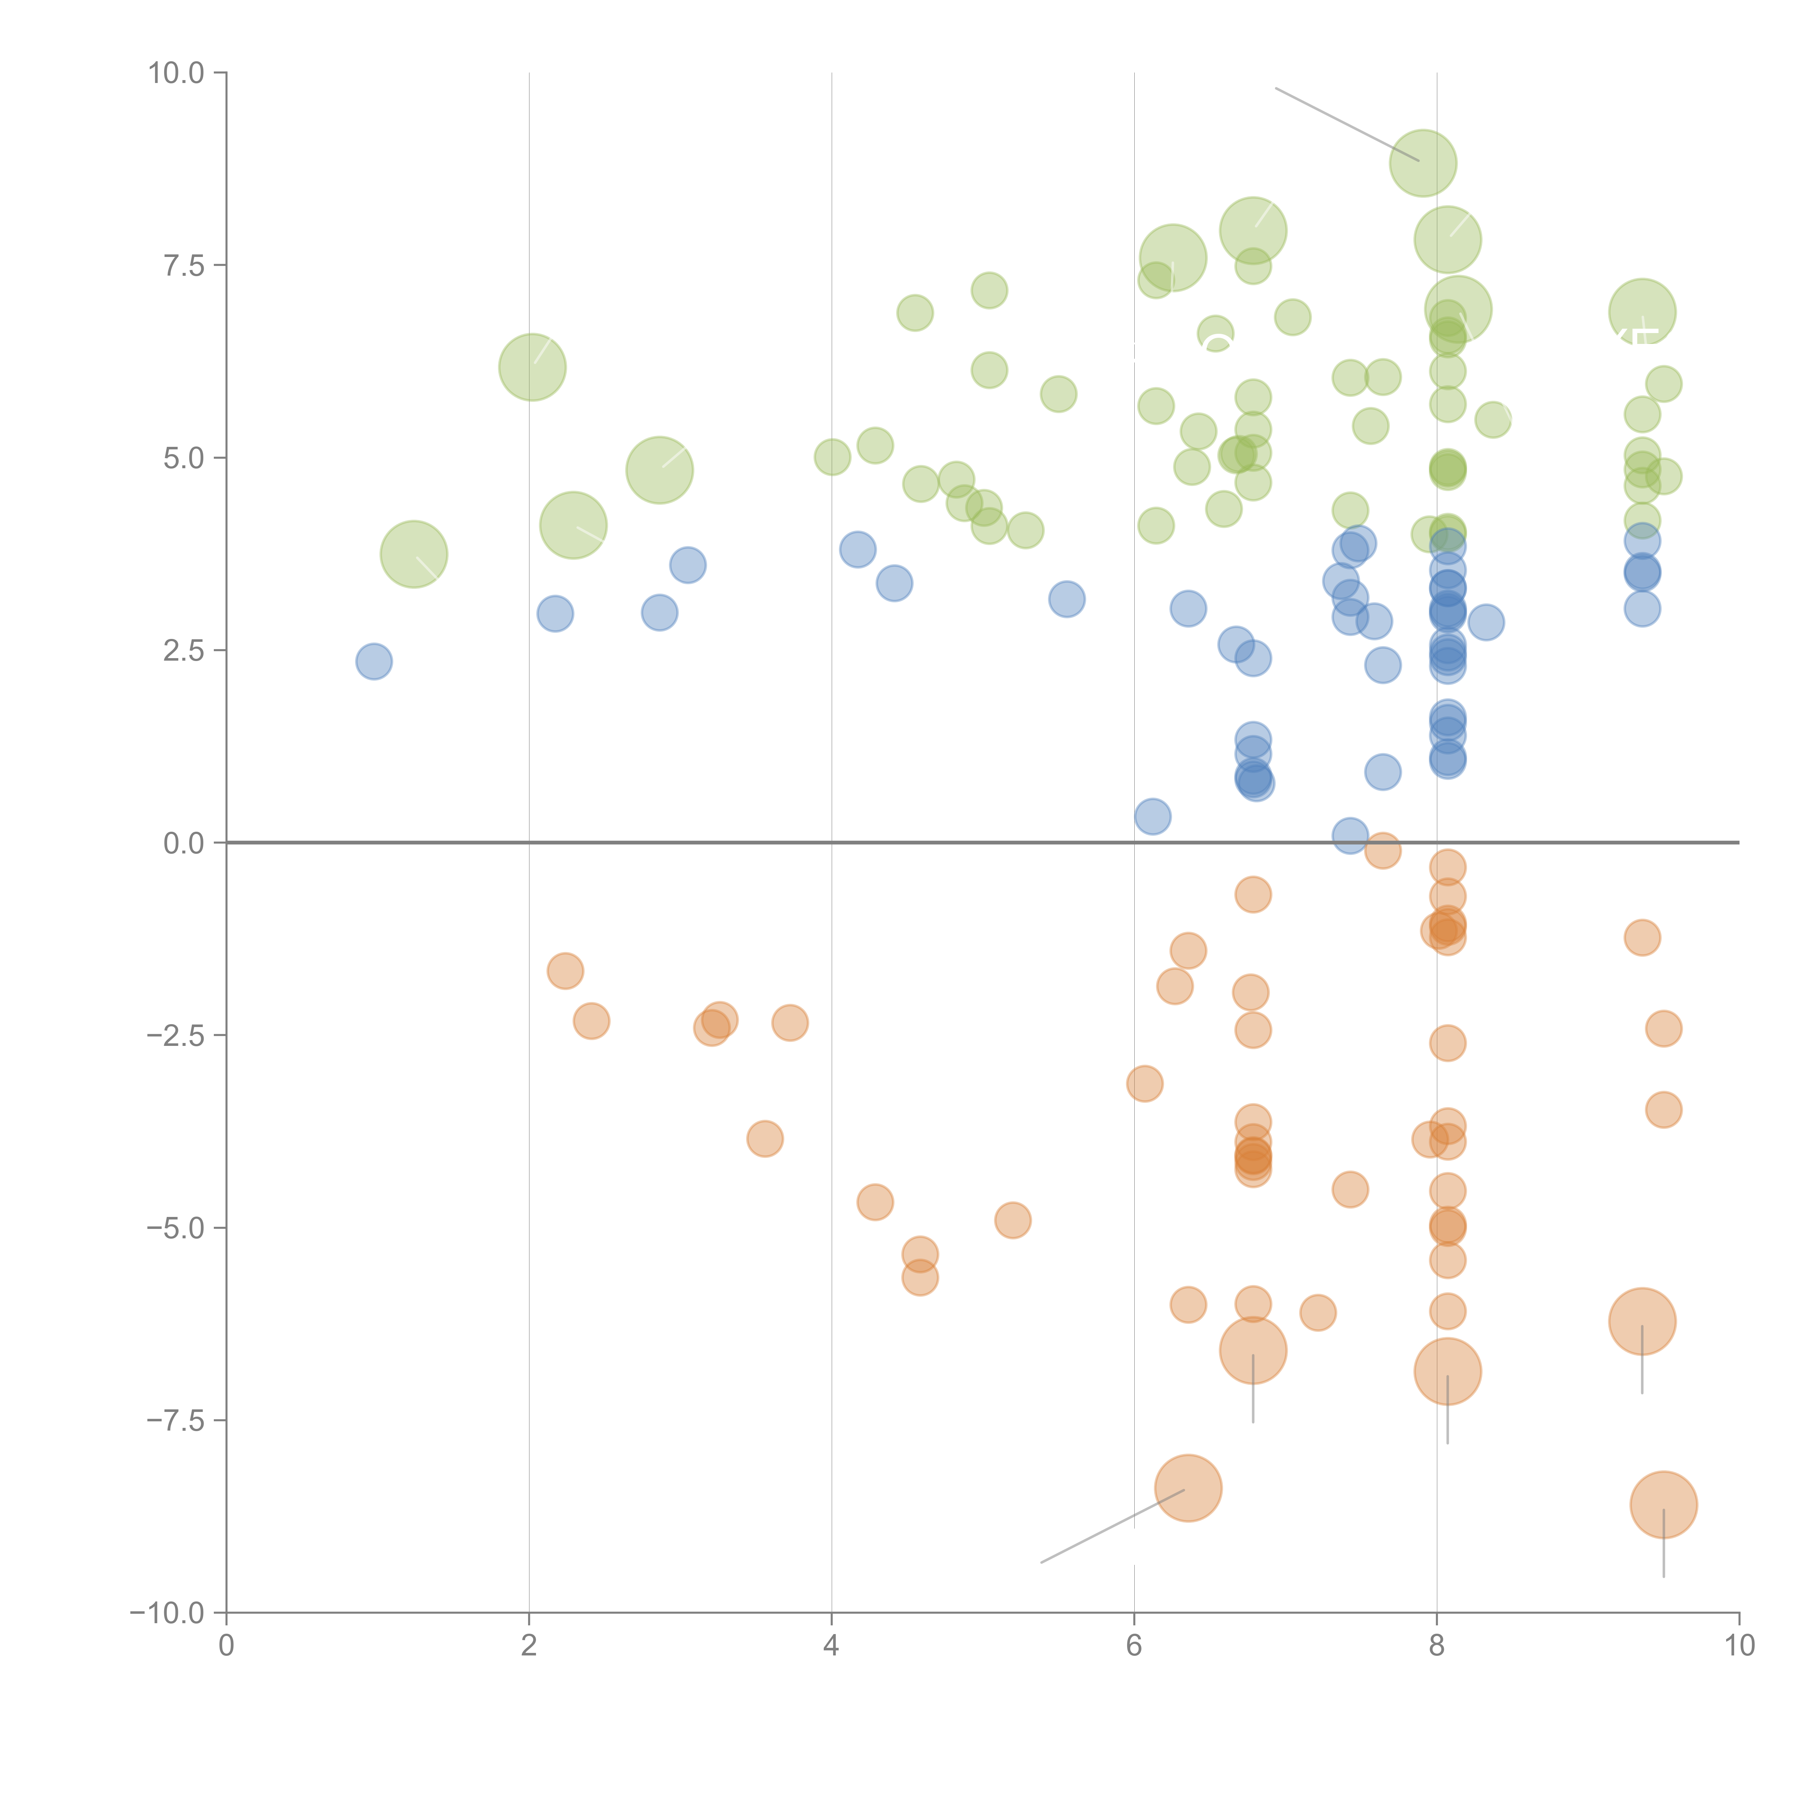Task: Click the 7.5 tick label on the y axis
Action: [x=184, y=265]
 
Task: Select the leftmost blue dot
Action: [x=374, y=661]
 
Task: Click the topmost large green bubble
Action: [x=1423, y=162]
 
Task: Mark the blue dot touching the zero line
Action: [x=1350, y=835]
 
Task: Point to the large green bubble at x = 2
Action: [x=532, y=367]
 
